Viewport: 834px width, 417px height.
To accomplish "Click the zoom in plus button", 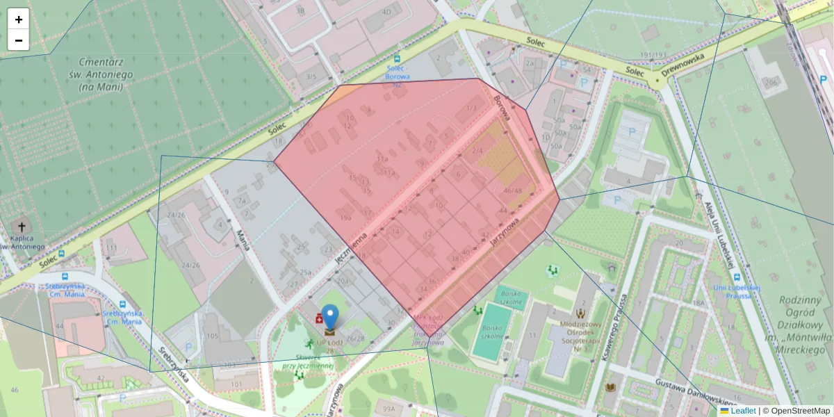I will pyautogui.click(x=19, y=19).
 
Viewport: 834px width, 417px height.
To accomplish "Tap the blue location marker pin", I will pyautogui.click(x=329, y=317).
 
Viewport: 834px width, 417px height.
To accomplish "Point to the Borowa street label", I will pyautogui.click(x=502, y=108).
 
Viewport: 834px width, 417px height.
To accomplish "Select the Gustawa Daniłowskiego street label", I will pyautogui.click(x=695, y=395).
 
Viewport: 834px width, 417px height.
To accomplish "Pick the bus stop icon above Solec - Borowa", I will pyautogui.click(x=397, y=60).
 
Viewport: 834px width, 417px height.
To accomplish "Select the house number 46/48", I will pyautogui.click(x=513, y=190).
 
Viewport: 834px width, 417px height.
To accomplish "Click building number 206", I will pyautogui.click(x=770, y=83).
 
